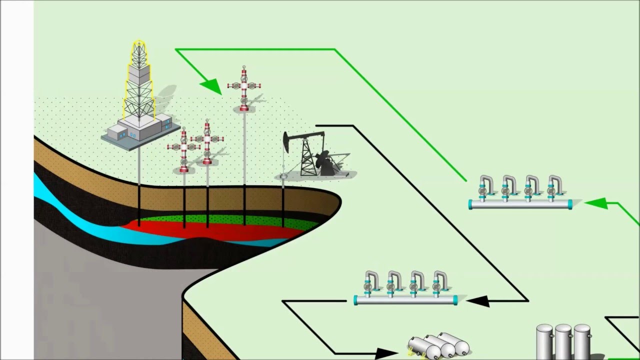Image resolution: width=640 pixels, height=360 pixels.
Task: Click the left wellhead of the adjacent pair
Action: click(184, 149)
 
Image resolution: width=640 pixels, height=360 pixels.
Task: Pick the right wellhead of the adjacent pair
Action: click(207, 142)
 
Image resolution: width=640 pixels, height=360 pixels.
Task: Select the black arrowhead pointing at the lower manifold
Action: click(477, 300)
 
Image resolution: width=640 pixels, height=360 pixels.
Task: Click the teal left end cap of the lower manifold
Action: click(356, 300)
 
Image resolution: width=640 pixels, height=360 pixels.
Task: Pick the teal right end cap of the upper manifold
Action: click(569, 204)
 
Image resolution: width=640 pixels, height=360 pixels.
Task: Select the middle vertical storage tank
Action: click(563, 342)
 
